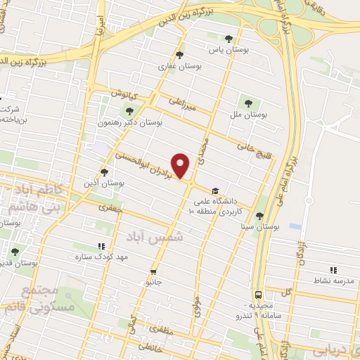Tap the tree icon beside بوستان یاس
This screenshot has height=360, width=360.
(x=228, y=39)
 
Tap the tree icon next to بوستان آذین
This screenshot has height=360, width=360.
(x=105, y=172)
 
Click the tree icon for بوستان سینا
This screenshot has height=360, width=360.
(x=260, y=216)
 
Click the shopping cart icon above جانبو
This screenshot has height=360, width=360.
(x=153, y=271)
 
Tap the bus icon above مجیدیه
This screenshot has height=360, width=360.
(x=259, y=295)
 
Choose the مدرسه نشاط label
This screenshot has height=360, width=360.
(x=333, y=281)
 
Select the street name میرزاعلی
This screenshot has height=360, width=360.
(x=181, y=105)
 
